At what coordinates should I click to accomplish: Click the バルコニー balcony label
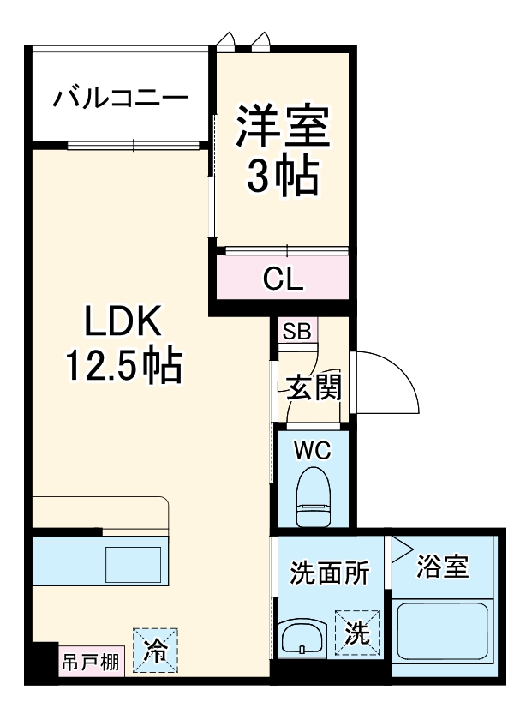[120, 98]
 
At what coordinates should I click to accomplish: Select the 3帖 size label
[282, 177]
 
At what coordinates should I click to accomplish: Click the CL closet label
[282, 279]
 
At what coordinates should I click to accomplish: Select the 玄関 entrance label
[310, 387]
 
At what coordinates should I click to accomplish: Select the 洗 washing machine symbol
[356, 633]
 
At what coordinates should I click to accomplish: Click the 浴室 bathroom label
[443, 567]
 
